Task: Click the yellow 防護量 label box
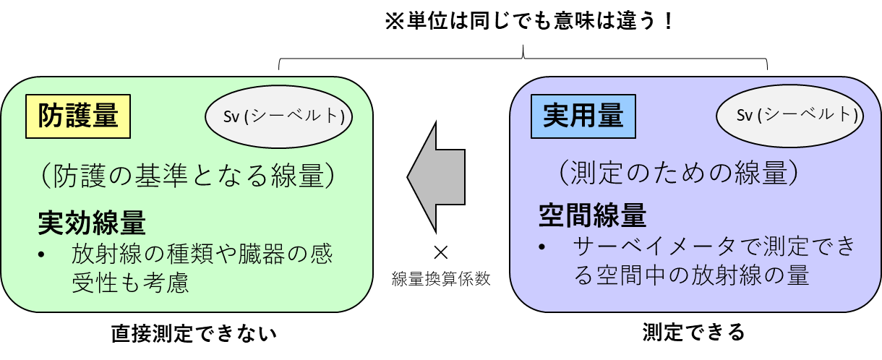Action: tap(77, 116)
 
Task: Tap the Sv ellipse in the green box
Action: tap(279, 117)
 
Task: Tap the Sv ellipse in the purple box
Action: tap(789, 116)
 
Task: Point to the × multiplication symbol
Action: tap(440, 252)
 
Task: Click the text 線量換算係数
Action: tap(441, 279)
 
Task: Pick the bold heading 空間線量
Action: tap(592, 215)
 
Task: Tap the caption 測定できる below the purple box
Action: tap(693, 333)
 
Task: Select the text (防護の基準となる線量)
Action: tap(187, 177)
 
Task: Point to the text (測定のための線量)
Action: tap(678, 172)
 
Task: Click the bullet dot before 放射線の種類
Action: tap(42, 256)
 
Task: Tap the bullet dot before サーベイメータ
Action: tap(542, 247)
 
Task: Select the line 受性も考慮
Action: tap(130, 283)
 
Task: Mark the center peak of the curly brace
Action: tap(523, 52)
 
